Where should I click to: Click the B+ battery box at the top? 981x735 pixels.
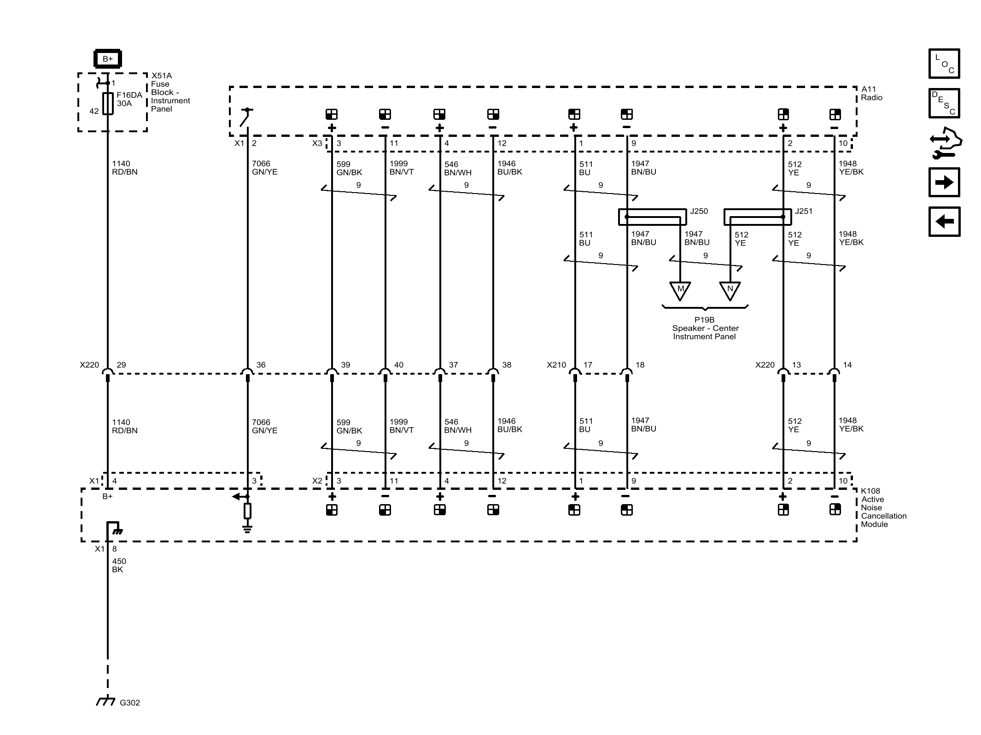pyautogui.click(x=107, y=59)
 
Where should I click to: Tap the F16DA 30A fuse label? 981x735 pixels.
pyautogui.click(x=129, y=99)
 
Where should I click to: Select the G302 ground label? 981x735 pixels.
pyautogui.click(x=129, y=703)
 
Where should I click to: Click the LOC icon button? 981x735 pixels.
pyautogui.click(x=944, y=64)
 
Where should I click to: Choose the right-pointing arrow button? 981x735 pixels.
pyautogui.click(x=944, y=182)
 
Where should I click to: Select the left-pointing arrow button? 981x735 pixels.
pyautogui.click(x=944, y=222)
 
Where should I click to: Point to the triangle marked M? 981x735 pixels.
pyautogui.click(x=680, y=290)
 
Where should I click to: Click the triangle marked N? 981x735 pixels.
pyautogui.click(x=730, y=290)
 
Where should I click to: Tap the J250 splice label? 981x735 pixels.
pyautogui.click(x=699, y=211)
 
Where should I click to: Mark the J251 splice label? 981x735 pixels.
pyautogui.click(x=804, y=211)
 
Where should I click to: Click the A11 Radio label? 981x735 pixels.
pyautogui.click(x=871, y=93)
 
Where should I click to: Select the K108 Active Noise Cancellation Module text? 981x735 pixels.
pyautogui.click(x=883, y=507)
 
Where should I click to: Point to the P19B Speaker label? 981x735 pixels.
pyautogui.click(x=705, y=328)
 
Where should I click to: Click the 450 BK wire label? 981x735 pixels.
pyautogui.click(x=119, y=565)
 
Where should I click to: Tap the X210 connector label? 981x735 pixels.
pyautogui.click(x=556, y=365)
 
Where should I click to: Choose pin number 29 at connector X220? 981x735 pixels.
pyautogui.click(x=121, y=365)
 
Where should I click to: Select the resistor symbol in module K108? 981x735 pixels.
pyautogui.click(x=247, y=511)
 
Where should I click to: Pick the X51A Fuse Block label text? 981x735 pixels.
pyautogui.click(x=170, y=92)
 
